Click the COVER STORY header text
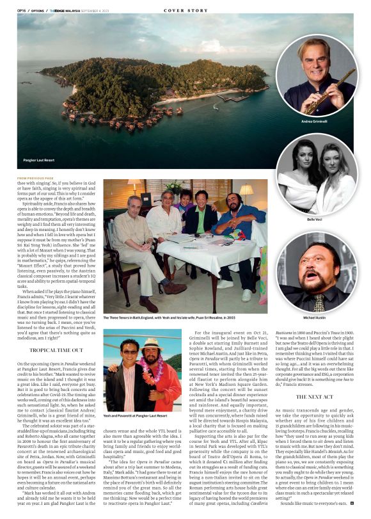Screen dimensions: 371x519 tap(185, 11)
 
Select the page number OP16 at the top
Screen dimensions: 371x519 tap(21, 11)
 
